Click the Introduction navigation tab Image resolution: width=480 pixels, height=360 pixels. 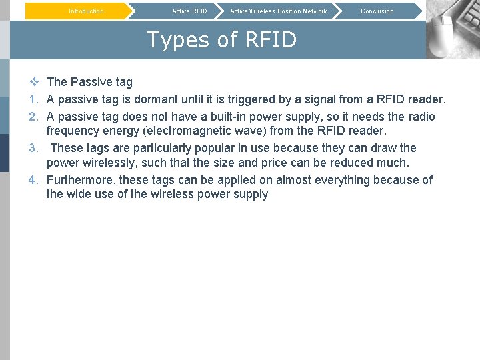[86, 11]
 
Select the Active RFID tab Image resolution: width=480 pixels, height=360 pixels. [189, 11]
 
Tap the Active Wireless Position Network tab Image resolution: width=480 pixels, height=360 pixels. [278, 11]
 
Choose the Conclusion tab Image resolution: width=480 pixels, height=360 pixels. [377, 11]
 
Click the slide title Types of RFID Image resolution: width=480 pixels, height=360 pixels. [221, 40]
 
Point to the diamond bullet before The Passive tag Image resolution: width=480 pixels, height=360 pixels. [35, 82]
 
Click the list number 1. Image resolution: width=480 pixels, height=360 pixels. [35, 99]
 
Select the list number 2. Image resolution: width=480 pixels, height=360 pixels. [35, 117]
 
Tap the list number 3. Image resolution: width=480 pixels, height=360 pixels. [35, 148]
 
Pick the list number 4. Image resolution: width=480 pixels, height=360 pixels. [35, 180]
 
